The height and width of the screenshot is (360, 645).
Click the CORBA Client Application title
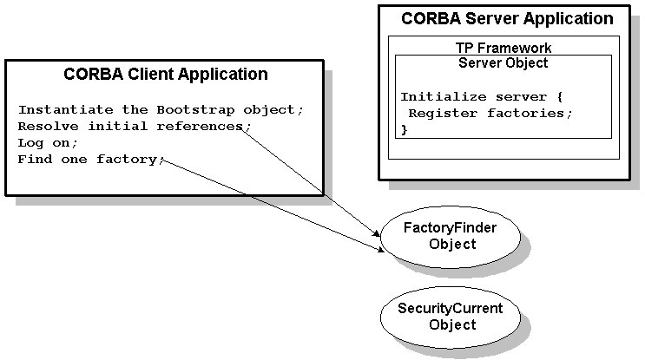(x=165, y=74)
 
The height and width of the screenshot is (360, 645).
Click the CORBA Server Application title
(x=507, y=18)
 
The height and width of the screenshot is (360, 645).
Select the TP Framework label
(x=503, y=48)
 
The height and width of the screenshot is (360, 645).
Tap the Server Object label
(x=503, y=62)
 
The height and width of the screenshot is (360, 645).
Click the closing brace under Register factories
(x=404, y=129)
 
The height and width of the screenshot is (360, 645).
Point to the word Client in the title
(x=153, y=74)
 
